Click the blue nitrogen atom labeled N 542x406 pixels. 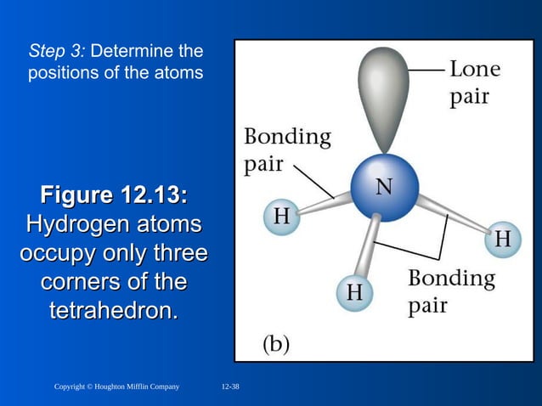click(384, 189)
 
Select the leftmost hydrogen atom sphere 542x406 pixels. click(281, 217)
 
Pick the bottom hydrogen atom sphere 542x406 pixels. click(353, 293)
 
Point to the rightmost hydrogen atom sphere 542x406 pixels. click(502, 240)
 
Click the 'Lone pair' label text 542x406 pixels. click(473, 82)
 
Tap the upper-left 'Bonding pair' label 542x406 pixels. click(287, 149)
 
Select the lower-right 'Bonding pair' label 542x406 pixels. click(450, 290)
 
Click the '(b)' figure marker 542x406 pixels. click(274, 344)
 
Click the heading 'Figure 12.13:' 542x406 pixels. click(114, 196)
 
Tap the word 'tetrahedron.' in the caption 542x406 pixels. click(114, 311)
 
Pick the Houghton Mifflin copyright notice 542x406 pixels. click(116, 387)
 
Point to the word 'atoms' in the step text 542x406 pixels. click(180, 73)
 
